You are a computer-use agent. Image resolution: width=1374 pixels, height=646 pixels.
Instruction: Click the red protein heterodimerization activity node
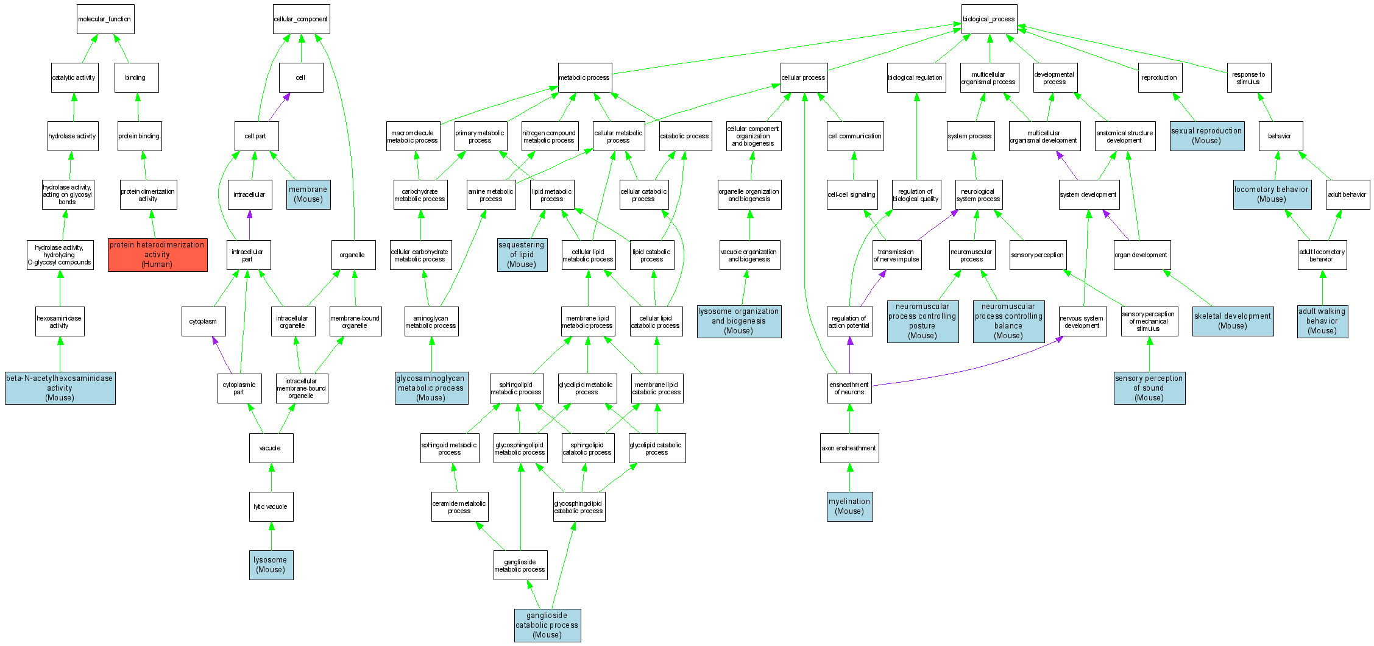click(x=157, y=255)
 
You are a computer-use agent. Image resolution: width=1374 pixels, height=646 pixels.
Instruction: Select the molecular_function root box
click(x=105, y=20)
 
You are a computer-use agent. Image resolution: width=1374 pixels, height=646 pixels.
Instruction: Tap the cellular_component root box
click(x=301, y=20)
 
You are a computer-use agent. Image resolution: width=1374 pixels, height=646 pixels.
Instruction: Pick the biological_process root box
click(x=989, y=20)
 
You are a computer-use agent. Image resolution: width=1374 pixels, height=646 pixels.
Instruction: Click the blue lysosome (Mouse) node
click(x=271, y=565)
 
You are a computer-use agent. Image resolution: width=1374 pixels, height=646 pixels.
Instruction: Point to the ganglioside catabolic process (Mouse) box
click(x=547, y=625)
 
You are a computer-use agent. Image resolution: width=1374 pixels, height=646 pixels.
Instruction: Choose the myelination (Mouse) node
click(x=849, y=506)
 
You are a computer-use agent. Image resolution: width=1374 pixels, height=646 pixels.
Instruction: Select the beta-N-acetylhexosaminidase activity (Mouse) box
click(x=60, y=388)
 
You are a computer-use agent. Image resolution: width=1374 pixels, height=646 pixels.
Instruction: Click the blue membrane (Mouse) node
click(x=308, y=194)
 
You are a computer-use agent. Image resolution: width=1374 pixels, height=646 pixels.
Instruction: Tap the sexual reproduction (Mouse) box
click(x=1206, y=136)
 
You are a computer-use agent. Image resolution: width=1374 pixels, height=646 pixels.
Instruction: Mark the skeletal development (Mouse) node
click(x=1233, y=321)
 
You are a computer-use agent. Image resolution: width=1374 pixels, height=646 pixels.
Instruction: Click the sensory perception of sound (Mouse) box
click(x=1149, y=388)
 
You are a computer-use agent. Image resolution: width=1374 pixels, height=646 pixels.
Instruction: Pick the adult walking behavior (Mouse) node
click(x=1322, y=321)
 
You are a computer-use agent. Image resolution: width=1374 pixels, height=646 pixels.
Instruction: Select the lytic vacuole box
click(x=271, y=507)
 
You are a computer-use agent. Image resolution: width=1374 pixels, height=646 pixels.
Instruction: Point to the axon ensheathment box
click(x=849, y=449)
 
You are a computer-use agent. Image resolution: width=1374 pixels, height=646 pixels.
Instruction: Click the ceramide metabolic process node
click(x=459, y=507)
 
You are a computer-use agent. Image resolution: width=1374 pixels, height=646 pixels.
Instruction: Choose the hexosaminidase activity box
click(x=60, y=322)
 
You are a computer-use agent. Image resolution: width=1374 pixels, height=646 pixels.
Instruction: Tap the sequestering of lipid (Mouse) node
click(x=522, y=255)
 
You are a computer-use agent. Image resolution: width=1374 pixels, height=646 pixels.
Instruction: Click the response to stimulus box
click(x=1248, y=78)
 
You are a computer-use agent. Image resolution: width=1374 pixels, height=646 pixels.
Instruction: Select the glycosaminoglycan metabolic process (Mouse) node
click(x=431, y=388)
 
